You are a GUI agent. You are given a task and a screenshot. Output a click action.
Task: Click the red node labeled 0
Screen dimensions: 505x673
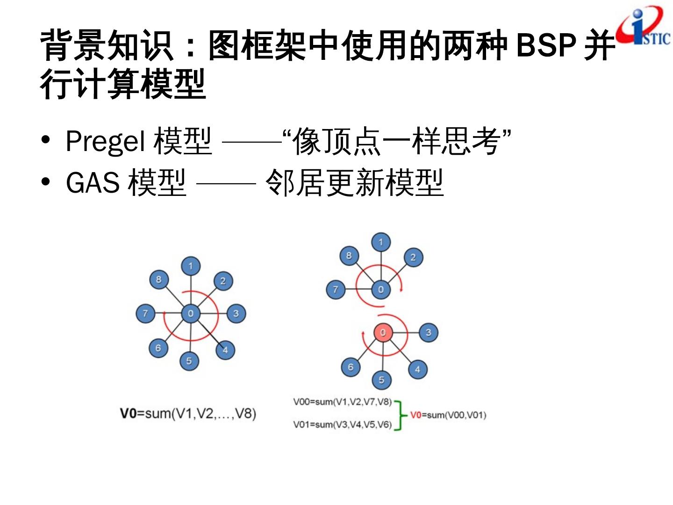tap(383, 332)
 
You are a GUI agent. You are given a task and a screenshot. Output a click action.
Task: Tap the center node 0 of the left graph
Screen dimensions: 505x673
tap(191, 313)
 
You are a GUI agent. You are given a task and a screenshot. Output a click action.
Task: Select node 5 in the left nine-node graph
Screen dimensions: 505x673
tap(189, 361)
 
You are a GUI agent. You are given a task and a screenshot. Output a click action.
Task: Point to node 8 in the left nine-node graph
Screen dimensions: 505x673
tap(158, 280)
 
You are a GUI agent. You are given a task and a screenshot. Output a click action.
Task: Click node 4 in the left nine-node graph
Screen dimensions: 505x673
tap(225, 350)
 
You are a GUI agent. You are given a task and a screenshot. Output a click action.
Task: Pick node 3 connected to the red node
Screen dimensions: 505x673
tap(428, 332)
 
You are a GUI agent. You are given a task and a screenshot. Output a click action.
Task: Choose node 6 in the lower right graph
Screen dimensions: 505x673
tap(351, 367)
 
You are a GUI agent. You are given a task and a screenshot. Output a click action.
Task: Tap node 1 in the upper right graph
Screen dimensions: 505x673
tap(380, 242)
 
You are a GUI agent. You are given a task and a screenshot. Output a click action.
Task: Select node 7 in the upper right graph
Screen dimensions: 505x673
tap(335, 289)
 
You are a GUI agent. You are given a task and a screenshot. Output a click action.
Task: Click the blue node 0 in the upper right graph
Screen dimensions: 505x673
tap(381, 289)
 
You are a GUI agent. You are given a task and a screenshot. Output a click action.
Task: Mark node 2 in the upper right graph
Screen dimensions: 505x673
tap(413, 257)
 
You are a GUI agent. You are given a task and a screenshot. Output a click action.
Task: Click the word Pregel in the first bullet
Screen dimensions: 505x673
tap(105, 141)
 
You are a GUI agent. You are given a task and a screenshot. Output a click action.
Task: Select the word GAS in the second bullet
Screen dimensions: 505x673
tap(93, 182)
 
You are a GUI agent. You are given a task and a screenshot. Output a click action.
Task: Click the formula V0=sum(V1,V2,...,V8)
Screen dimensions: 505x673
tap(188, 413)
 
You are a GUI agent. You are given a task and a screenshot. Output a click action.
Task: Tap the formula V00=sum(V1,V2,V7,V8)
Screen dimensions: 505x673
tap(342, 402)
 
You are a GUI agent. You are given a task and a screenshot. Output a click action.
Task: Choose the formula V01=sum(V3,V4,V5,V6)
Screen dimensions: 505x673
tap(342, 425)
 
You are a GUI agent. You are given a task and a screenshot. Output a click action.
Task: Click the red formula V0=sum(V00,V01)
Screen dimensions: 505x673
tap(448, 415)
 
